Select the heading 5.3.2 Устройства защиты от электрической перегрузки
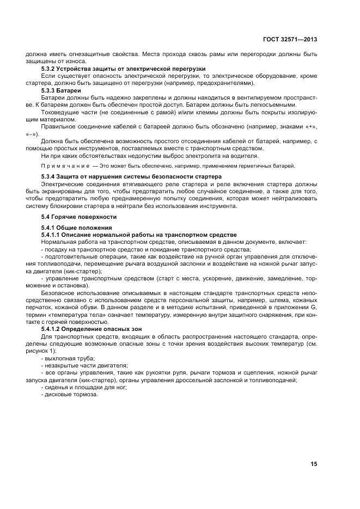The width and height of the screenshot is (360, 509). click(x=123, y=69)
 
